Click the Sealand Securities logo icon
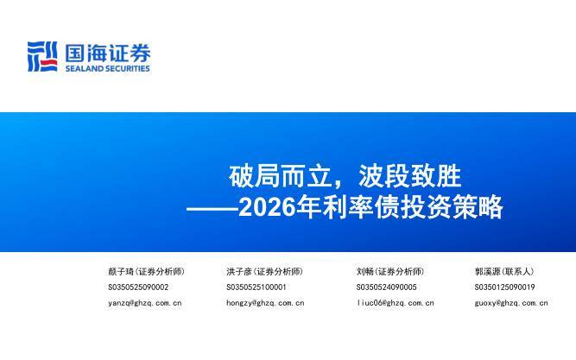[42, 57]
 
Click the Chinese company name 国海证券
[107, 53]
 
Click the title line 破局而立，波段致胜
[345, 177]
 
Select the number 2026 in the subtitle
[258, 208]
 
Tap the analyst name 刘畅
[364, 271]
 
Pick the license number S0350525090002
[138, 287]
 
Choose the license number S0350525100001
[256, 287]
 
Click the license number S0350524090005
[386, 287]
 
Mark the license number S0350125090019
[504, 287]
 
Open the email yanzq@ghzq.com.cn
[144, 303]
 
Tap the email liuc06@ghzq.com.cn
[395, 303]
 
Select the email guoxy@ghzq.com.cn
[511, 303]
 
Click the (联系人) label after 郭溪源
[518, 271]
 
